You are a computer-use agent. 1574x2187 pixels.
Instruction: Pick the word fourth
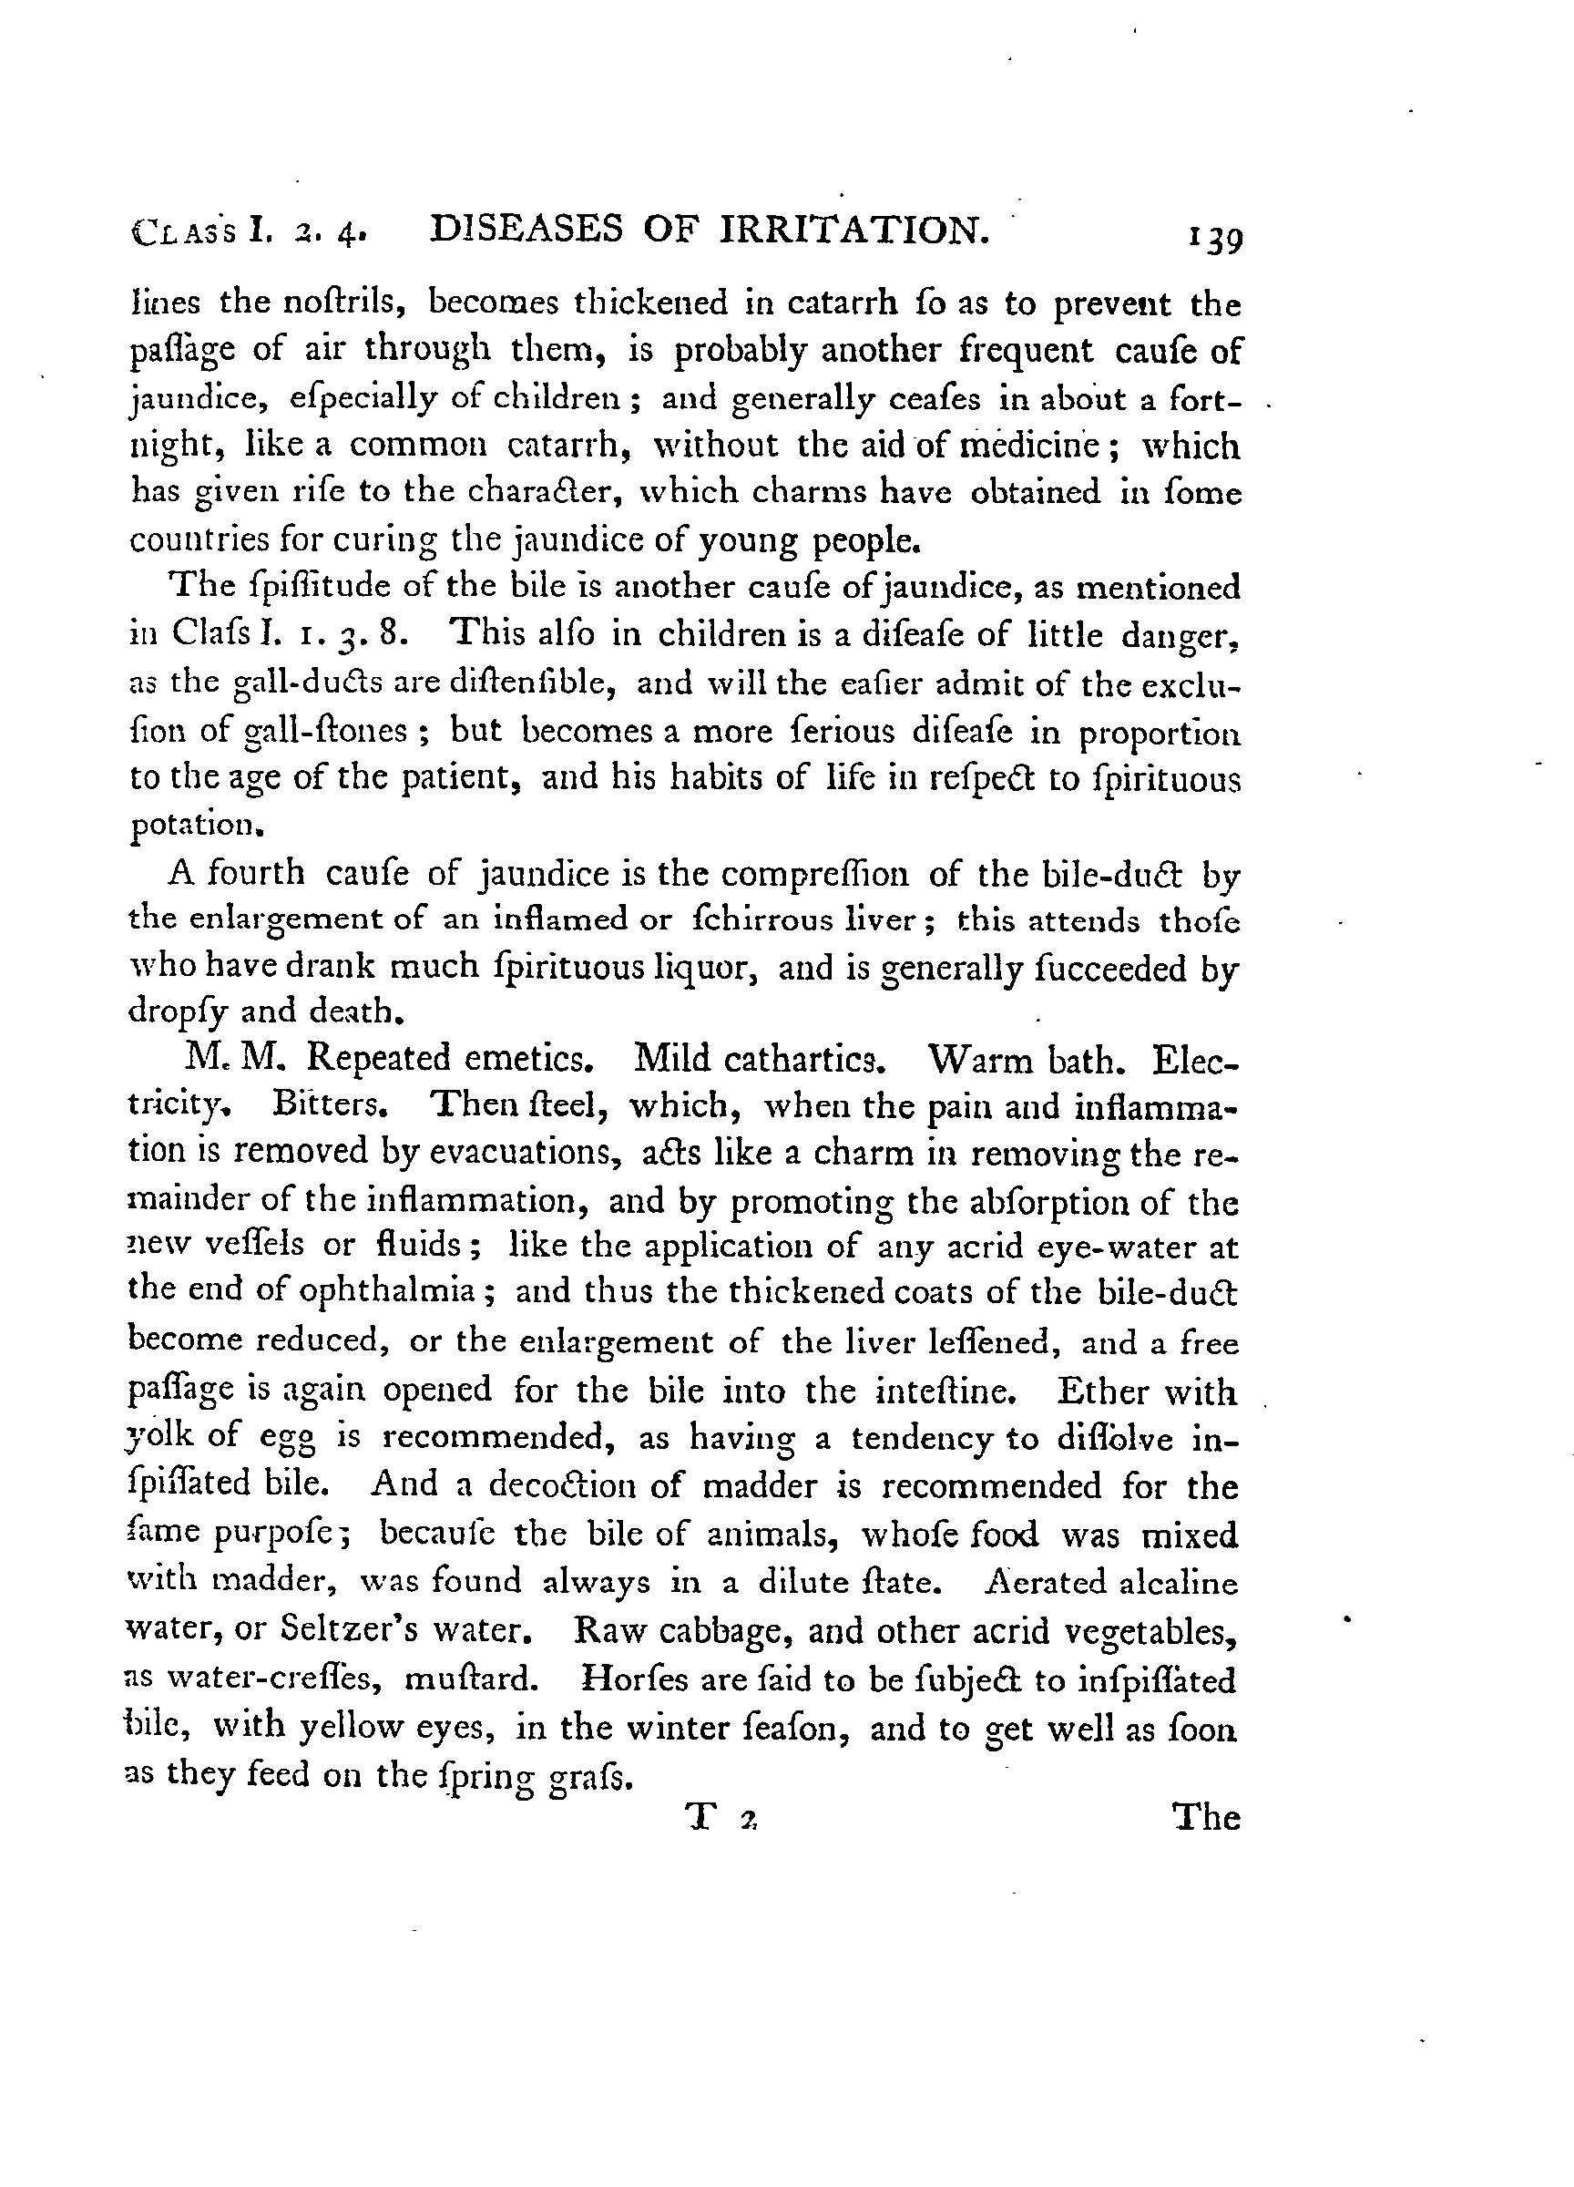coord(256,873)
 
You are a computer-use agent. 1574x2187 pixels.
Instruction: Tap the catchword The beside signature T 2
coord(1205,1818)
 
